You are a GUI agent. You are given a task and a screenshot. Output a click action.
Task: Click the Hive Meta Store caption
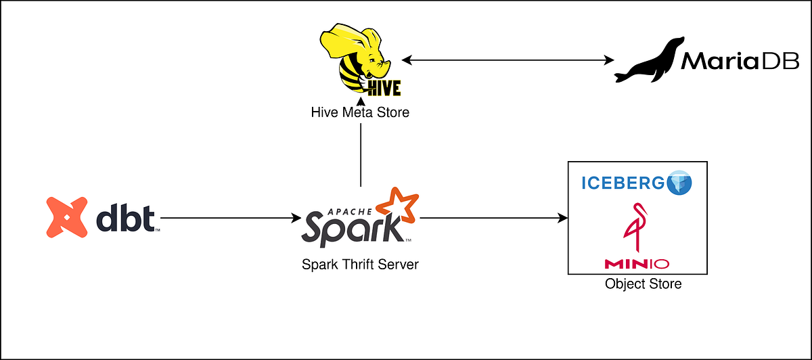[360, 112]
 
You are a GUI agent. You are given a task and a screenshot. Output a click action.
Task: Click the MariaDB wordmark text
[740, 62]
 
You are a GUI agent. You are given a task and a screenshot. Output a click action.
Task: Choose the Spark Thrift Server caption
[360, 265]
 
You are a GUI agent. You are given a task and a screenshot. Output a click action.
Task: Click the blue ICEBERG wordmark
[623, 182]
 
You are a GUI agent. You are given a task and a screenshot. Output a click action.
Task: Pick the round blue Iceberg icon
[680, 183]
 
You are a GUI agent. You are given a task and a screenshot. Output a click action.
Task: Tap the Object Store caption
[643, 284]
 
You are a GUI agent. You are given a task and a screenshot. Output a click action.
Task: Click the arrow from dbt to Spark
[230, 218]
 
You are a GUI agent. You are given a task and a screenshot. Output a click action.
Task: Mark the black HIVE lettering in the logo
[383, 87]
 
